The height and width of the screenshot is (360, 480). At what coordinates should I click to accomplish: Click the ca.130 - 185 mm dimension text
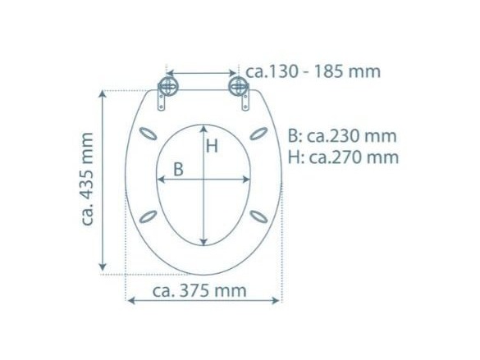313,71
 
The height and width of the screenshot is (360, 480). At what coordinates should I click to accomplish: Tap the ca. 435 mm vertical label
87,180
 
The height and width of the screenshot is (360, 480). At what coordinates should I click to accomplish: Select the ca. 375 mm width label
199,290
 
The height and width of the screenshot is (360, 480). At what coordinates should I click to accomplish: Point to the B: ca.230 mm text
342,136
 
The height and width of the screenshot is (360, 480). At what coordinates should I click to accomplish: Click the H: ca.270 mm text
343,157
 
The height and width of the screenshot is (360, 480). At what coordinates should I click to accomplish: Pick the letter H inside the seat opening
212,146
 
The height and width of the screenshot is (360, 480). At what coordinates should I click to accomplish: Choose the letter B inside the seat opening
179,169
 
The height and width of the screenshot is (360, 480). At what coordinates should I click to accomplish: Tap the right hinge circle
238,86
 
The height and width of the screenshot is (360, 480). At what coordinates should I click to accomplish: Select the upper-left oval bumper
149,134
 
